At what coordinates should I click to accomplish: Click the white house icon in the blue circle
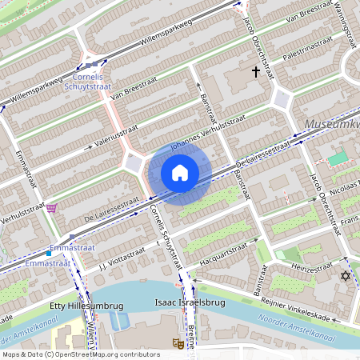pyautogui.click(x=180, y=173)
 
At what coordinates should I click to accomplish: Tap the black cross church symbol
pyautogui.click(x=256, y=72)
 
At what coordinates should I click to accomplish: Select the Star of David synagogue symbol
pyautogui.click(x=346, y=276)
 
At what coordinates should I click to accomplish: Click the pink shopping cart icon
pyautogui.click(x=51, y=208)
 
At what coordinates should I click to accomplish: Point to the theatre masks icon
pyautogui.click(x=176, y=342)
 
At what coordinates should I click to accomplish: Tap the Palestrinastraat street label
pyautogui.click(x=306, y=46)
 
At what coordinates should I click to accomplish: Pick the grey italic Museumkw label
pyautogui.click(x=331, y=126)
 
